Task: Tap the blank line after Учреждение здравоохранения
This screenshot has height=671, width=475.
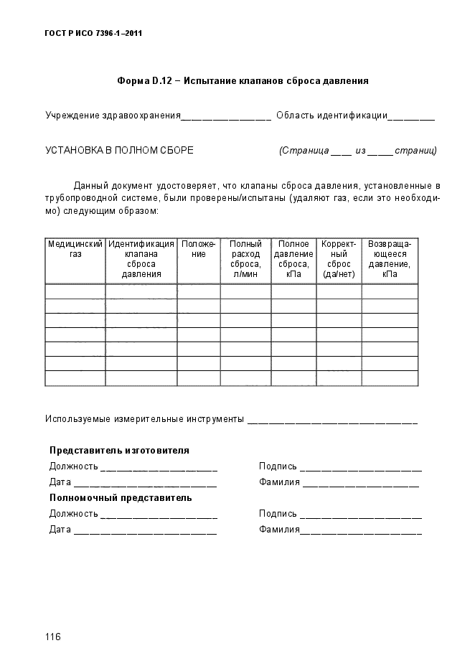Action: point(226,117)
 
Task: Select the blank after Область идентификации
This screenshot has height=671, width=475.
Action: point(413,117)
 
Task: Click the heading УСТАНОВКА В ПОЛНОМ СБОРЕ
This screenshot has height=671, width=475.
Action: point(119,151)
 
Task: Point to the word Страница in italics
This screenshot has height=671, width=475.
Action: point(304,151)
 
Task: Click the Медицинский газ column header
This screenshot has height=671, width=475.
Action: point(75,249)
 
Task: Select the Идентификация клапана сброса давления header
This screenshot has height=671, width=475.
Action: point(141,259)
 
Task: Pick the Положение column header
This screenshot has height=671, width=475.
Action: point(199,249)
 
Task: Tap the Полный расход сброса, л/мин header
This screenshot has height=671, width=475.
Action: point(245,259)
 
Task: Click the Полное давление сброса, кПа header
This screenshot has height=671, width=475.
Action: point(293,259)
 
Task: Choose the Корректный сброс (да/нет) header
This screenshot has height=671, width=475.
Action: point(339,259)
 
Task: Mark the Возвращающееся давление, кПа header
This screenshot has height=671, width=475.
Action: point(390,259)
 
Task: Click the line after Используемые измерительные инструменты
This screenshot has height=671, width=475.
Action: point(332,421)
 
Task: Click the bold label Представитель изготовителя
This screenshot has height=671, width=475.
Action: point(119,451)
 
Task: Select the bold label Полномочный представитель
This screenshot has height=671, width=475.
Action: point(121,497)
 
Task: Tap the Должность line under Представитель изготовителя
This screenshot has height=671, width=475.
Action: point(159,469)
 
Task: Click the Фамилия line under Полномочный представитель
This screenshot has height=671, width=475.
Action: point(361,531)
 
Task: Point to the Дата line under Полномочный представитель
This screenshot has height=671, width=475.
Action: point(145,532)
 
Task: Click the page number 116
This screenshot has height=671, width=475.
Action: point(52,637)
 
